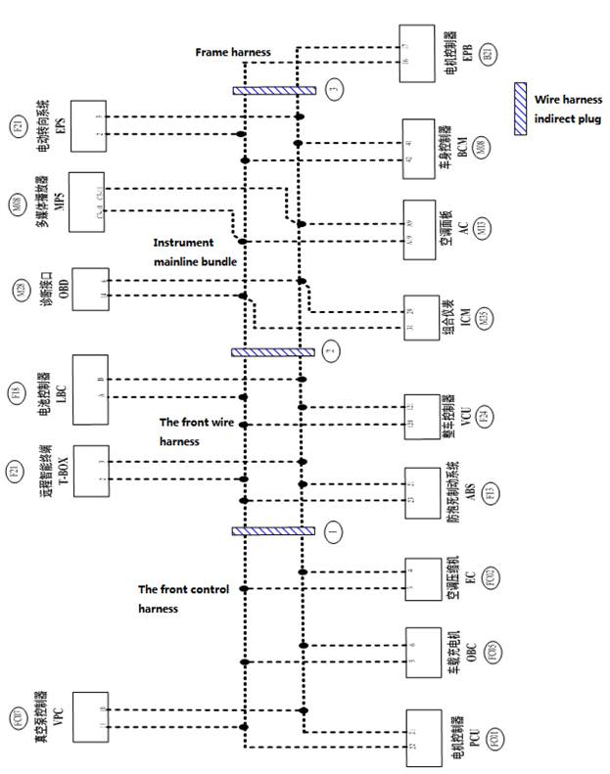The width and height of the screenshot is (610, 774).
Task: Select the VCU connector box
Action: coord(418,414)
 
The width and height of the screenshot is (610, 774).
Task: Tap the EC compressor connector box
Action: coord(418,578)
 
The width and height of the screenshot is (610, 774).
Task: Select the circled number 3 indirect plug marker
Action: coord(334,91)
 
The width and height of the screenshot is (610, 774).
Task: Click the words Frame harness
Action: coord(233,51)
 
